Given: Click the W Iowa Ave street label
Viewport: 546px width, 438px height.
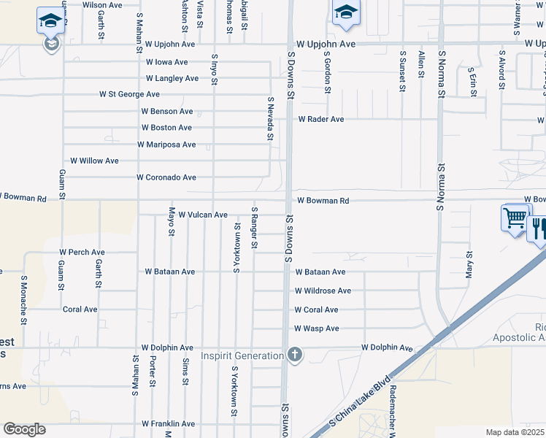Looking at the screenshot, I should pos(166,63).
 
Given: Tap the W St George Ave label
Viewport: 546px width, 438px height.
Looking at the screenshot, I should pos(129,95).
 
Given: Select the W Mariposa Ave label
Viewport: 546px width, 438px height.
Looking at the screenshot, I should pos(166,145).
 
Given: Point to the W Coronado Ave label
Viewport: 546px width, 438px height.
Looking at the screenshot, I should pos(166,177).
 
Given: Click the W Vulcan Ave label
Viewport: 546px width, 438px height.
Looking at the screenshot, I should pos(203,215).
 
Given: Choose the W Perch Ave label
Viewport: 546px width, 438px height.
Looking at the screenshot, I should pos(84,253).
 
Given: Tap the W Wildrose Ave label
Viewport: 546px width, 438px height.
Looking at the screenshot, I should pos(323,291).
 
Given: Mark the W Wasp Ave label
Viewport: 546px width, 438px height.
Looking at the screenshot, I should pos(317,329).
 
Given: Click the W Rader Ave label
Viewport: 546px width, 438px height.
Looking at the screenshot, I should pos(320,119).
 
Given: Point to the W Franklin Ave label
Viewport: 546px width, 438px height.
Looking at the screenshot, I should pos(168,423).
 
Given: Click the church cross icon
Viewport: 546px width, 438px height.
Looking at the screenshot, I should pos(294,356).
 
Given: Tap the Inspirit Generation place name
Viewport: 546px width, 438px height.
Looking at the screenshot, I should pos(242,356).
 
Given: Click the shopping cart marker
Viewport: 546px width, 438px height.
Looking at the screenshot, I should pos(515,218).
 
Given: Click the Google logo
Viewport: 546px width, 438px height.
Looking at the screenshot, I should pos(24,429).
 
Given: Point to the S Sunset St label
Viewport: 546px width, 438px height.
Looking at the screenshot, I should pos(402,71).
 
